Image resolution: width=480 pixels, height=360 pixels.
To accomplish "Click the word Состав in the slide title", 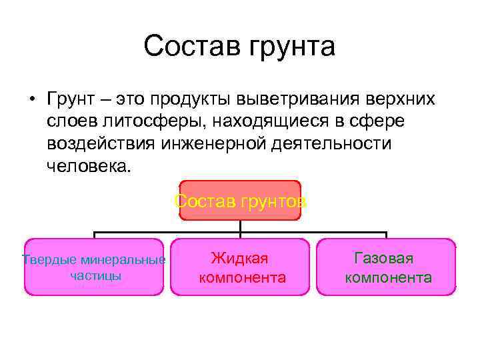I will coord(192,47).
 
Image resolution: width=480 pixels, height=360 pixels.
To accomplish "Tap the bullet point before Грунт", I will coord(31,100).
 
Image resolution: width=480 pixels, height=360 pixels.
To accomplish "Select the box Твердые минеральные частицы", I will coord(93,267).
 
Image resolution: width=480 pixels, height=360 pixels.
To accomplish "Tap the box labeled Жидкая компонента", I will coord(240,267).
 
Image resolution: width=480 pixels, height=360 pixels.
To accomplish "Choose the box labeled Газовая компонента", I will coord(387,267).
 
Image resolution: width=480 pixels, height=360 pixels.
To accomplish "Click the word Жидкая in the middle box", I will coord(240,258).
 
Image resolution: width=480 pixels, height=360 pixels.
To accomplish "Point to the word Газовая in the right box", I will coord(385,258).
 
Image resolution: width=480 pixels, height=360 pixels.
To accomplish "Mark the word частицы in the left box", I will coord(95,275).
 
